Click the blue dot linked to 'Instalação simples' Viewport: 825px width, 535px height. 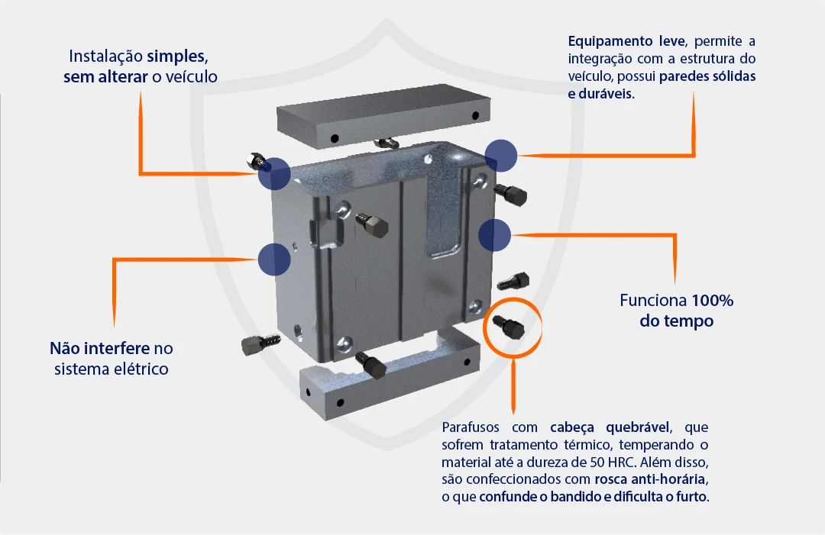(273, 173)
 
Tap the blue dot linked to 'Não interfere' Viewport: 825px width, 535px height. (273, 259)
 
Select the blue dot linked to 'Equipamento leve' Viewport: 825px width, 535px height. (501, 155)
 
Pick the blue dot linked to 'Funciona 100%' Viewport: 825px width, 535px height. (494, 234)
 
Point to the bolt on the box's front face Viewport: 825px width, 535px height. (372, 226)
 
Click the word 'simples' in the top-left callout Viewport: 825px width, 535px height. (177, 56)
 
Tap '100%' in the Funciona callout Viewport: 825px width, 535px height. (713, 300)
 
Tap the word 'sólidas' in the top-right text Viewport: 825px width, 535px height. (733, 76)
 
